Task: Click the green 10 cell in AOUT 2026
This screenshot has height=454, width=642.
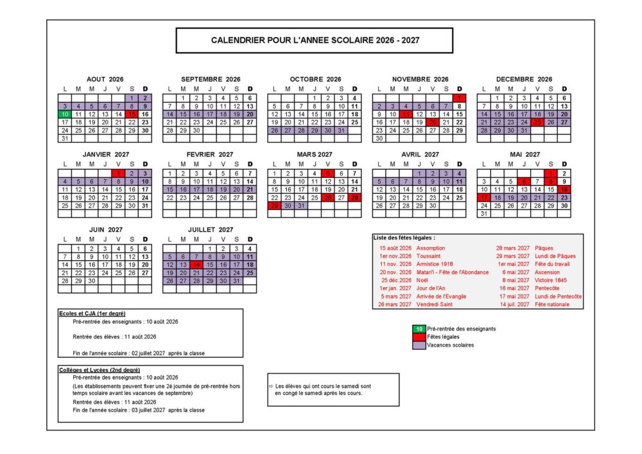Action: pyautogui.click(x=64, y=114)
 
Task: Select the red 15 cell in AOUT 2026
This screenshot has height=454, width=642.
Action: pyautogui.click(x=132, y=114)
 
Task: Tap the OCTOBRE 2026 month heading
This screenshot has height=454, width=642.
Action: pyautogui.click(x=315, y=79)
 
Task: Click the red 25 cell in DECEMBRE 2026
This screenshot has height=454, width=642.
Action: pyautogui.click(x=537, y=121)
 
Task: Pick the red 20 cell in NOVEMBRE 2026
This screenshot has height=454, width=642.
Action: pyautogui.click(x=432, y=121)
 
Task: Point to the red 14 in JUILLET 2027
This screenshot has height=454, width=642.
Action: pyautogui.click(x=196, y=264)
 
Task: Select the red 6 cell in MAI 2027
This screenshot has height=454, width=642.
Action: pyautogui.click(x=524, y=181)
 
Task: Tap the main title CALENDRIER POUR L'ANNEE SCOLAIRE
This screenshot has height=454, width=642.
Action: pyautogui.click(x=315, y=40)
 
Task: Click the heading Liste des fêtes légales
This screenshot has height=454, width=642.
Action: pyautogui.click(x=400, y=238)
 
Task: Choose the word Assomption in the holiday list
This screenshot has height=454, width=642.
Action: pyautogui.click(x=430, y=248)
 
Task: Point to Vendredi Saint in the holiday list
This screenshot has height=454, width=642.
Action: pyautogui.click(x=434, y=304)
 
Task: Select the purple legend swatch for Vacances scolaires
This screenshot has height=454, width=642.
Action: pyautogui.click(x=419, y=345)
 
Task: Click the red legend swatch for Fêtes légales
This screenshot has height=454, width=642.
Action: pyautogui.click(x=419, y=336)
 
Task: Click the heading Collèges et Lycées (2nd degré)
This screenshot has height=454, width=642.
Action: pyautogui.click(x=99, y=370)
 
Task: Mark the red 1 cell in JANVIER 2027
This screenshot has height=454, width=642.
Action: pyautogui.click(x=118, y=173)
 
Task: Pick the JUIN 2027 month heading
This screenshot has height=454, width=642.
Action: pyautogui.click(x=105, y=229)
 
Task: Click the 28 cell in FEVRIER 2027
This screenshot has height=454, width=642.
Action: pyautogui.click(x=250, y=197)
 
